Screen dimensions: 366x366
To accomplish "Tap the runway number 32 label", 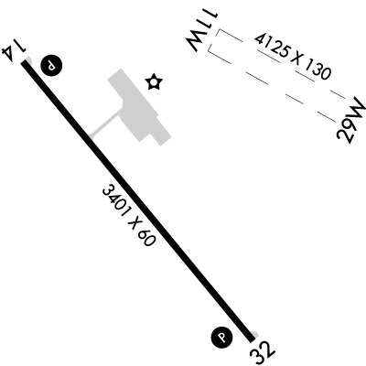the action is click(x=263, y=352).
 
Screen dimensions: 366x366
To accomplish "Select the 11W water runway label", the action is click(x=202, y=31).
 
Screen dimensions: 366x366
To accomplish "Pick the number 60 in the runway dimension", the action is click(x=146, y=236).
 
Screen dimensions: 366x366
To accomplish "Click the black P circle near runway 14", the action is click(x=51, y=65).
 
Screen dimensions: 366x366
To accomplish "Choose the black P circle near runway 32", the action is click(x=221, y=338).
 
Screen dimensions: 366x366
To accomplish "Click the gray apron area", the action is click(x=140, y=107).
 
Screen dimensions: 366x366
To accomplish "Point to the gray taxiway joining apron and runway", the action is click(x=104, y=124).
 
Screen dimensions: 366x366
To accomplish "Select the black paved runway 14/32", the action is click(x=138, y=201).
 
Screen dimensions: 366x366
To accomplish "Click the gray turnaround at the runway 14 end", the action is click(x=29, y=61).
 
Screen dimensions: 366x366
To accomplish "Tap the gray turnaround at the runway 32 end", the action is click(x=254, y=335).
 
